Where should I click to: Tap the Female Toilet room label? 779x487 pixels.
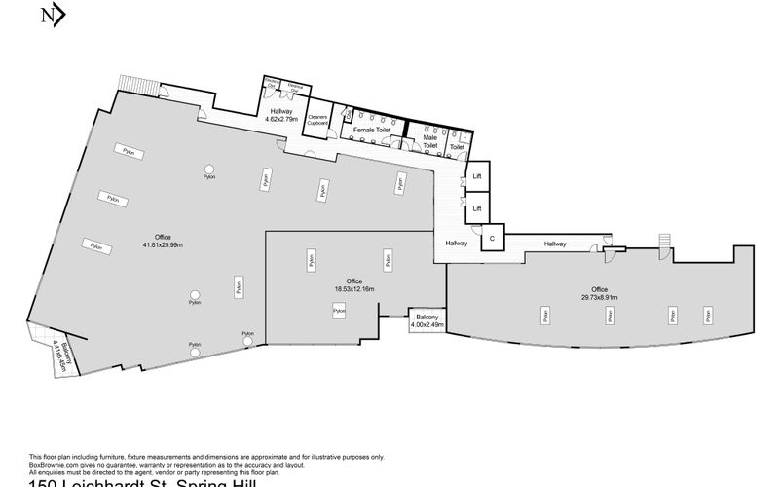coord(371,129)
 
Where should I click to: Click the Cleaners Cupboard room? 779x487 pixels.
coord(316,120)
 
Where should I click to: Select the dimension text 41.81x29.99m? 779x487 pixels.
coord(156,245)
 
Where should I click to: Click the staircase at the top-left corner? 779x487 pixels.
coord(130,83)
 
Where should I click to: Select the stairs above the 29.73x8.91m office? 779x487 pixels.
coord(667,240)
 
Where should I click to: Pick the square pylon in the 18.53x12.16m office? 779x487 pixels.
coord(338,310)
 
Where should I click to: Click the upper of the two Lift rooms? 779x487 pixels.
coord(477,176)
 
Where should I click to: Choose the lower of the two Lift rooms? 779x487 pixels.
coord(477,207)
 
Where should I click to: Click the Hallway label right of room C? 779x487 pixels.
coord(555,243)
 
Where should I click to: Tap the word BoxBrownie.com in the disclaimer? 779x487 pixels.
coord(55,463)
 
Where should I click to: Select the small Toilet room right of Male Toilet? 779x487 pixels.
coord(458,145)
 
